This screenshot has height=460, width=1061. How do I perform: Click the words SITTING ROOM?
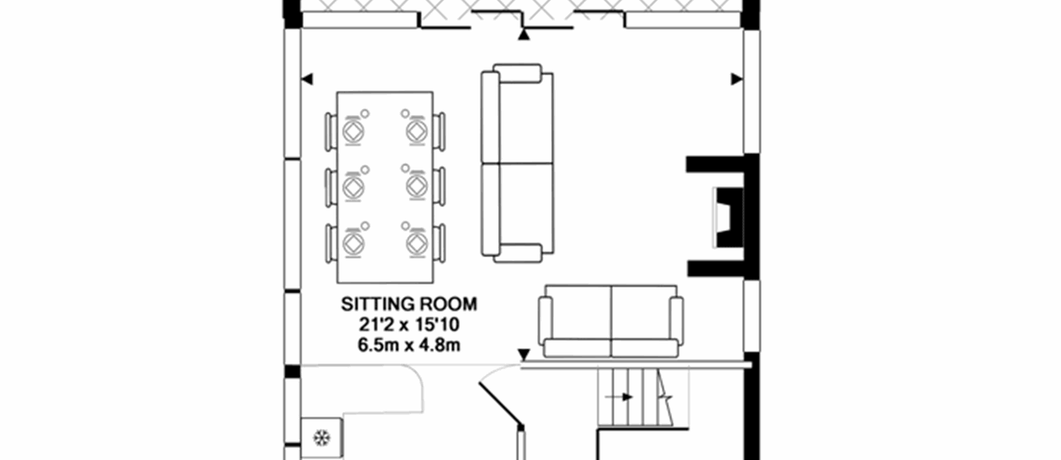coord(409,304)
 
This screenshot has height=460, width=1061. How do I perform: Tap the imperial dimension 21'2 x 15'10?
coord(409,325)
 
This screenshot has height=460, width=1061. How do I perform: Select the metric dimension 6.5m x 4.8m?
coord(409,345)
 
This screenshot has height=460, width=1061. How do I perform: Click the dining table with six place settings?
coord(385,187)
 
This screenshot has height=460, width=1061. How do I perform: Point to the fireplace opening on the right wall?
coord(728,217)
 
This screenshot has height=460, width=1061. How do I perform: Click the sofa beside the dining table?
coord(517,164)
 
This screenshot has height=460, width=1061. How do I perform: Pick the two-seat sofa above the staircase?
coord(611,321)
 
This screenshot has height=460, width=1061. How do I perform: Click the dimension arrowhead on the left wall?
coord(307,79)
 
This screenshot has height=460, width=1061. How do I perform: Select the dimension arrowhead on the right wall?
coord(737,79)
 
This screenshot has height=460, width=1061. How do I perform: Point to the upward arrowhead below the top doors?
coord(523,34)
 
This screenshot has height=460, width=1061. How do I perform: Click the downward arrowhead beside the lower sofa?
coord(523,355)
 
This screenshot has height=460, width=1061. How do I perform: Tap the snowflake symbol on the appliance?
coord(321,438)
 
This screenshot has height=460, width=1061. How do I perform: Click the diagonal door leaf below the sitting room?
coord(501,405)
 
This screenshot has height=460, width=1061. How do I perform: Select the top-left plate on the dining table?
coord(354,132)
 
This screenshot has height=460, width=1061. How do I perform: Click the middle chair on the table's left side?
coord(331,187)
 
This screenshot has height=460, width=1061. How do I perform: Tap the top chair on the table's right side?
coord(440,131)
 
